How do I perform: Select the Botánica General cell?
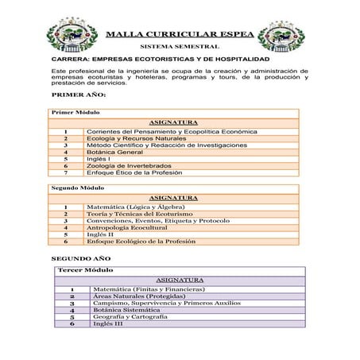pyautogui.click(x=120, y=151)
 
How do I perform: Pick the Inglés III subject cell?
pyautogui.click(x=108, y=323)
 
